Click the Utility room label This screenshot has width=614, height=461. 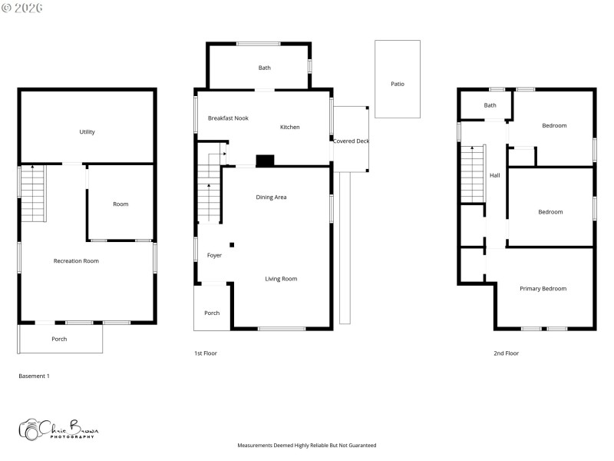pyautogui.click(x=87, y=132)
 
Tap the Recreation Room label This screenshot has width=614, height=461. pyautogui.click(x=76, y=261)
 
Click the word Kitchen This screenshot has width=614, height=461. pyautogui.click(x=289, y=128)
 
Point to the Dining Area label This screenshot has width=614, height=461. pyautogui.click(x=271, y=197)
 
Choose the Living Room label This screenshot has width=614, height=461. pyautogui.click(x=281, y=279)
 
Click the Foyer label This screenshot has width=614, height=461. pyautogui.click(x=214, y=255)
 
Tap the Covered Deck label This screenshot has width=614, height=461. pyautogui.click(x=351, y=141)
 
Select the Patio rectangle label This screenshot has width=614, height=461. pyautogui.click(x=397, y=84)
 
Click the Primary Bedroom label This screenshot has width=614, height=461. pyautogui.click(x=543, y=289)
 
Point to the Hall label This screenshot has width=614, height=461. pyautogui.click(x=495, y=176)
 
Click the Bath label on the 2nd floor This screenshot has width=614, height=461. pyautogui.click(x=490, y=105)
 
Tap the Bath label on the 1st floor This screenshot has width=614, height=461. pyautogui.click(x=264, y=68)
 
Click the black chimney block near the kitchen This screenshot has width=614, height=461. pyautogui.click(x=265, y=161)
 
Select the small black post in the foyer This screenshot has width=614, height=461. pyautogui.click(x=232, y=245)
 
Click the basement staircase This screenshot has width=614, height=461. pyautogui.click(x=33, y=194)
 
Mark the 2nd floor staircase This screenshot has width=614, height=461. pyautogui.click(x=471, y=174)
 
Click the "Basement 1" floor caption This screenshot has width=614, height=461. pyautogui.click(x=34, y=376)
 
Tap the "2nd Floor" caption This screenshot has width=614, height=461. pyautogui.click(x=506, y=353)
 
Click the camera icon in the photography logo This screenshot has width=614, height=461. pyautogui.click(x=31, y=429)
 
